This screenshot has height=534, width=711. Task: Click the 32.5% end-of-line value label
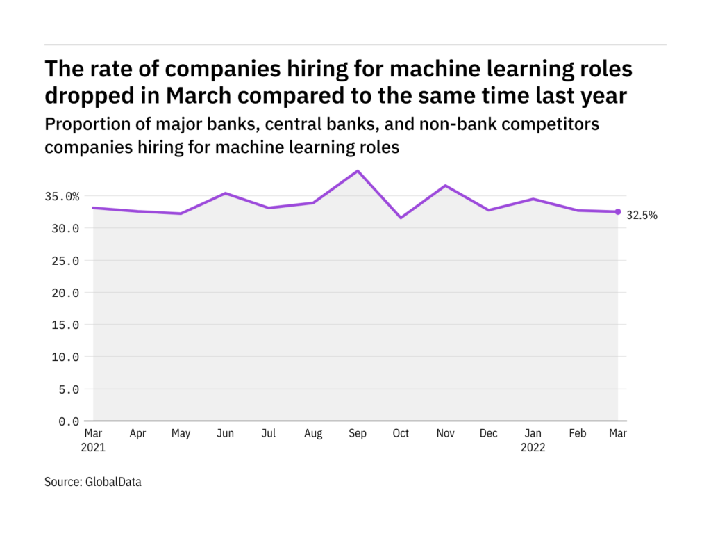click(x=642, y=216)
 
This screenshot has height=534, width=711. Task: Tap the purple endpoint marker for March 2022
click(x=618, y=212)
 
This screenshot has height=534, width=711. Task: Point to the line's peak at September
click(x=358, y=171)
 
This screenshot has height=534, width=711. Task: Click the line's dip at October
click(x=401, y=218)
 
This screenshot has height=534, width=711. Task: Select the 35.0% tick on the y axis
click(x=62, y=197)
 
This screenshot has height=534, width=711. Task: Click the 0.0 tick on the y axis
click(x=68, y=421)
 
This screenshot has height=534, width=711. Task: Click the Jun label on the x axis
click(x=225, y=434)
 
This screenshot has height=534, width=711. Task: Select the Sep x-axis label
click(x=358, y=434)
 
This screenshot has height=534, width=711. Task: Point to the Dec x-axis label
click(x=489, y=434)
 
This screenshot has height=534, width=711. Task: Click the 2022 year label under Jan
click(x=533, y=448)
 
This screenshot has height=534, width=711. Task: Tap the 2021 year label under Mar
click(x=93, y=448)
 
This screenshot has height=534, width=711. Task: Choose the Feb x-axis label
click(x=577, y=434)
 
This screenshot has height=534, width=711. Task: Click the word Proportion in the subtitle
click(x=83, y=125)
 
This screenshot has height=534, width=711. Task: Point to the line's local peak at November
click(x=445, y=186)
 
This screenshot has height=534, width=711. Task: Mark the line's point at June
click(x=225, y=193)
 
